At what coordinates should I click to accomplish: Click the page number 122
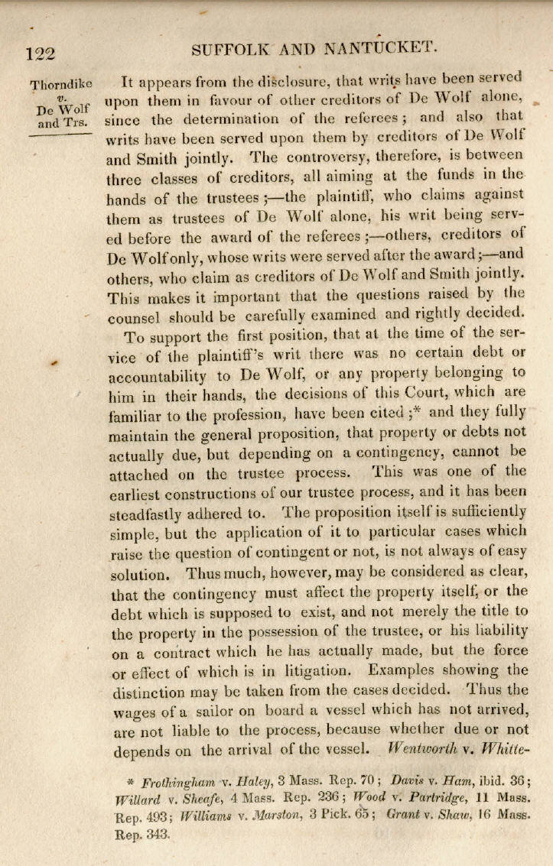click(41, 54)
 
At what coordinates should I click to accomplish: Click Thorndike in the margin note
click(60, 83)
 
